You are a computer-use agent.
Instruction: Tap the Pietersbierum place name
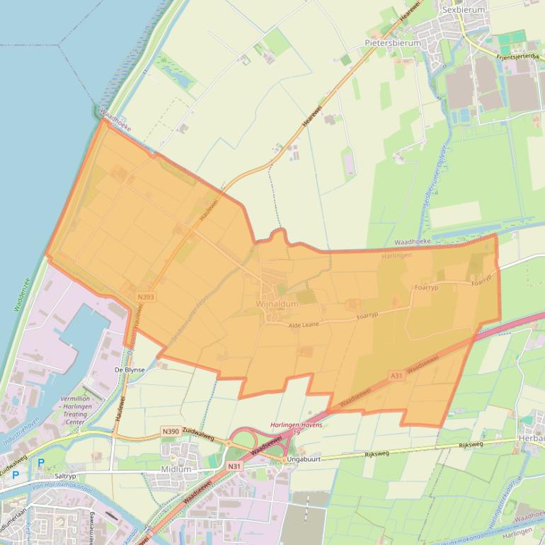click(x=393, y=42)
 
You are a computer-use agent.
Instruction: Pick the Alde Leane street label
click(x=304, y=324)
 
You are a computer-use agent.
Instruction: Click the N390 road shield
click(x=171, y=432)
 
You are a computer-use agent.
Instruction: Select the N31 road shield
click(x=234, y=466)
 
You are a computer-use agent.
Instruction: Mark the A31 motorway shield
click(x=396, y=376)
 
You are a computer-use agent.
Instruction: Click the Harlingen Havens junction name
click(x=297, y=425)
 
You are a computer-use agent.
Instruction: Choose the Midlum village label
click(x=176, y=469)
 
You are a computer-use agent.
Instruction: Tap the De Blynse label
click(x=130, y=369)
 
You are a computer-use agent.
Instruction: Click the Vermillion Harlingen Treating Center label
click(x=85, y=409)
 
